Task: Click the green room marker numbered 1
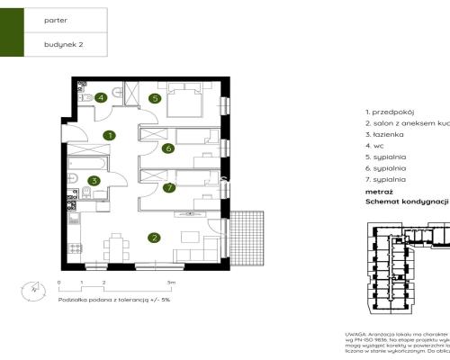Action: [108, 136]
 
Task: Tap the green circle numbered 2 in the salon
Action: [154, 238]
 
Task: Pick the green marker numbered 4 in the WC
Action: [102, 97]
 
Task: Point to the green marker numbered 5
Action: [154, 98]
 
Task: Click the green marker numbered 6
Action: [167, 148]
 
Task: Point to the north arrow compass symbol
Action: [33, 289]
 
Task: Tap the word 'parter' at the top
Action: [56, 17]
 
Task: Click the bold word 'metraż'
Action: [379, 192]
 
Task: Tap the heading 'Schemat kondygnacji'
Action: [406, 202]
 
